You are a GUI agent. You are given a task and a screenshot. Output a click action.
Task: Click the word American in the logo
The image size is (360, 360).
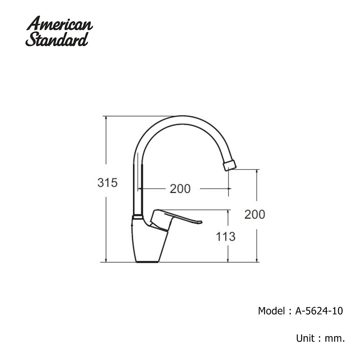[59, 23]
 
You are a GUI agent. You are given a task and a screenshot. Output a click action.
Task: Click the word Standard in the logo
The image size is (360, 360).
[57, 39]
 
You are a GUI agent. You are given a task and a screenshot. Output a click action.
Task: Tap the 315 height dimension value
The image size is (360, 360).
[107, 183]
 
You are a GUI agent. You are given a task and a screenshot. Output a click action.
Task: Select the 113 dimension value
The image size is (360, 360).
[226, 237]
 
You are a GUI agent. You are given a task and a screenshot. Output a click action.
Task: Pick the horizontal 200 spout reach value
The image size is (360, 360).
[180, 189]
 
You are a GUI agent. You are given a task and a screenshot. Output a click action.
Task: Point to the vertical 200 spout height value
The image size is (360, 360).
[255, 215]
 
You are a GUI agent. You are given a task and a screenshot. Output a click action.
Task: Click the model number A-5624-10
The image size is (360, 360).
[319, 311]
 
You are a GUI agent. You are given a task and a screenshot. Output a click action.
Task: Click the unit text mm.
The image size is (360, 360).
[335, 338]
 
